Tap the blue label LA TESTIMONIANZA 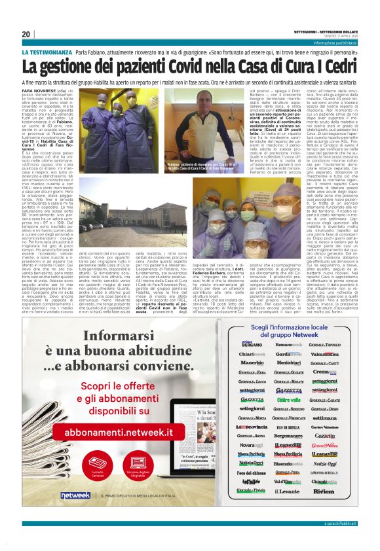coord(47,52)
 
